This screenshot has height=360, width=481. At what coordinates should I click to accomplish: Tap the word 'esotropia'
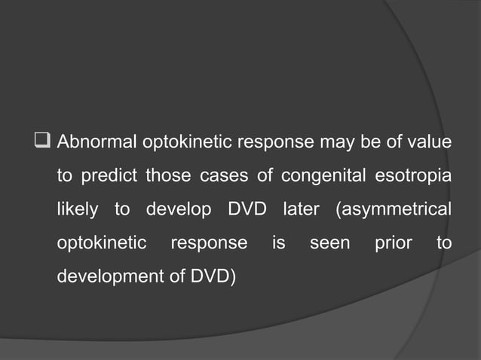coord(410,176)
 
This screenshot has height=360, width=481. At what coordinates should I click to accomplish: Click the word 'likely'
coord(78,210)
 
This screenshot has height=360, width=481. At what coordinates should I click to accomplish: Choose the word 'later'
coord(302,209)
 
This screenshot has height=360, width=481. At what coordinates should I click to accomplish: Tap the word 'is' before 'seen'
coord(278,243)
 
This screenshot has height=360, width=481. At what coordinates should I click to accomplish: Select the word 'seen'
coord(329,243)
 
